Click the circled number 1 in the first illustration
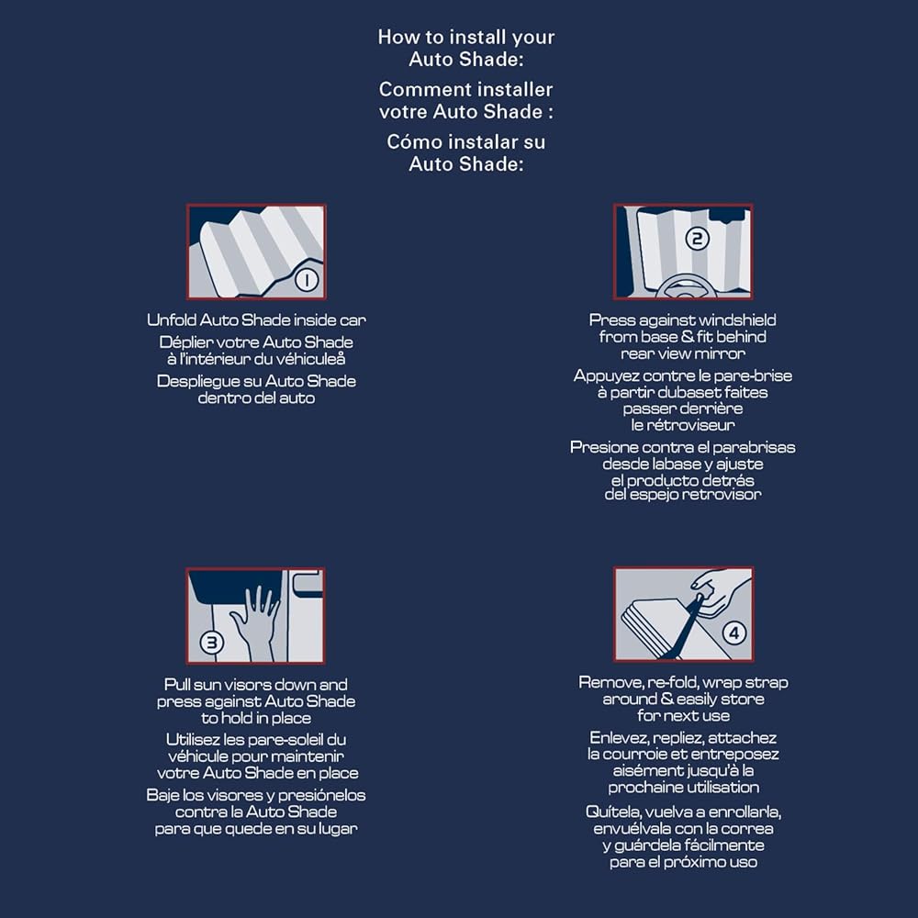(x=307, y=279)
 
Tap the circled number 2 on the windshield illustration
(x=697, y=239)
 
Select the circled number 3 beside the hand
(x=211, y=643)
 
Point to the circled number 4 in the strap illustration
(x=734, y=633)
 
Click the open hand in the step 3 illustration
(x=255, y=621)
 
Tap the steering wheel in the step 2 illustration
(x=683, y=286)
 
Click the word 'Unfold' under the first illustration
(x=172, y=319)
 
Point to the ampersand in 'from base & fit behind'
(x=687, y=337)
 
